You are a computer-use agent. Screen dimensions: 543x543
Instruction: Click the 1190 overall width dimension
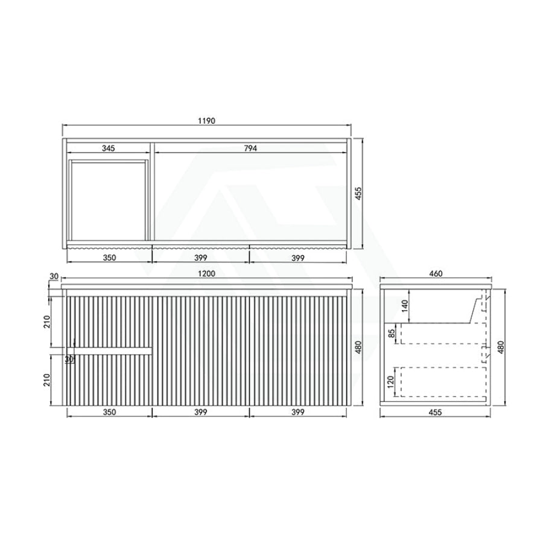click(x=206, y=121)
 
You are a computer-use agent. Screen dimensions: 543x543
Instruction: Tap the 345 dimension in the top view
click(x=109, y=148)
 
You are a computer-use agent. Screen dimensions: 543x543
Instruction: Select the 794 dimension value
click(x=250, y=148)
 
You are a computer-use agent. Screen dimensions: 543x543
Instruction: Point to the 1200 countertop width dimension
click(x=206, y=273)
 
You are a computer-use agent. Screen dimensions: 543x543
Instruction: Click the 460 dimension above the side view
click(x=436, y=273)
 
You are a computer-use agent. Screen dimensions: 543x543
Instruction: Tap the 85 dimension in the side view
click(x=392, y=334)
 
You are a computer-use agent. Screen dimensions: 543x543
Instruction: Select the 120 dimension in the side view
click(x=392, y=382)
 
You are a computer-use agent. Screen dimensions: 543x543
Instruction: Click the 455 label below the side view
click(x=435, y=412)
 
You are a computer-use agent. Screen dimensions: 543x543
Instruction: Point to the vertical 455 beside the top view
click(x=358, y=194)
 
